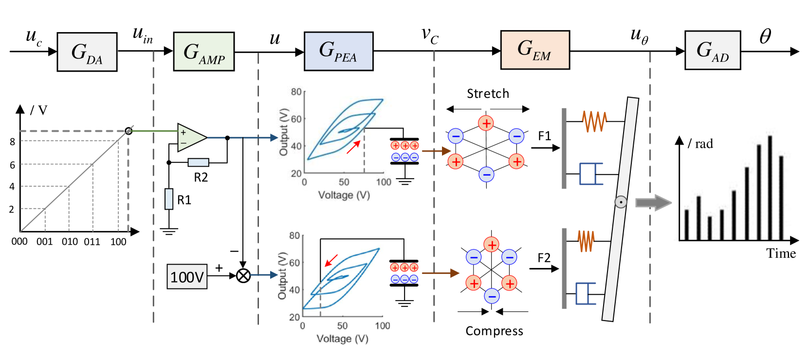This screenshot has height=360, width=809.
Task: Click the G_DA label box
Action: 87,52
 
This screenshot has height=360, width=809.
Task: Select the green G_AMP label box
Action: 203,52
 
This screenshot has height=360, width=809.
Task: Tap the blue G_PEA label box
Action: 338,51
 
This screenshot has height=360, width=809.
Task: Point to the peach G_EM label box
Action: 534,50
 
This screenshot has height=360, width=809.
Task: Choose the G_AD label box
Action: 712,50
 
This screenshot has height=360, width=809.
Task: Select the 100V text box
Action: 187,276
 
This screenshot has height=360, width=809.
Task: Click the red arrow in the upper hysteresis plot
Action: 353,147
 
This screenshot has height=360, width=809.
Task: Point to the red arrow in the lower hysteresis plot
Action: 331,260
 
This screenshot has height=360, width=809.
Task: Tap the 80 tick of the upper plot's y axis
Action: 296,92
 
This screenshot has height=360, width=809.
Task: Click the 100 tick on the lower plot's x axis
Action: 382,325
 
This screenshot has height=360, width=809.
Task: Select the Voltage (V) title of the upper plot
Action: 344,195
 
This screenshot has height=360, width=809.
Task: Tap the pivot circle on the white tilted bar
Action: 621,202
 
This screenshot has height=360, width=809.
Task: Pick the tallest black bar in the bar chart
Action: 770,187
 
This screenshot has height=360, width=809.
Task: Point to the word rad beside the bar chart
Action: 704,144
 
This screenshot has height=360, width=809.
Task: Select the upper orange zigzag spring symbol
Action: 594,121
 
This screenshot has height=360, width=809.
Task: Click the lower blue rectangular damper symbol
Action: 586,293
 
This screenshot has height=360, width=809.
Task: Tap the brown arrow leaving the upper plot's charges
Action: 436,151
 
